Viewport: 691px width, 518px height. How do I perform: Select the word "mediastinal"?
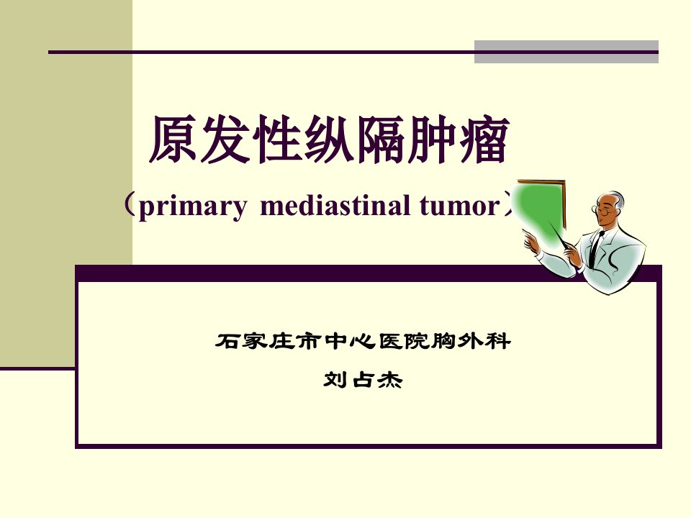click(x=335, y=205)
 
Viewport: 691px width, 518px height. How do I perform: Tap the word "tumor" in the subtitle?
click(x=460, y=206)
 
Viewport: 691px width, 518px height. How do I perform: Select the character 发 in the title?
click(x=225, y=139)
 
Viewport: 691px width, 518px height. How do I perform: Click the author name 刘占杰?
click(x=363, y=380)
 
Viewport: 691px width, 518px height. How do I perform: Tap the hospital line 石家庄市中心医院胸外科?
click(x=363, y=341)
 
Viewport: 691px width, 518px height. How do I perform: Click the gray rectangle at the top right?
click(x=566, y=52)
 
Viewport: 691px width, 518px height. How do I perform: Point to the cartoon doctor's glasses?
click(x=602, y=211)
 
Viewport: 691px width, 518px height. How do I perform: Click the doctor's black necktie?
click(x=596, y=249)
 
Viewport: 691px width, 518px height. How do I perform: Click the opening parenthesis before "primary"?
click(x=129, y=205)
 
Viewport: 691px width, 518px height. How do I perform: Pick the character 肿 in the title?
click(x=433, y=139)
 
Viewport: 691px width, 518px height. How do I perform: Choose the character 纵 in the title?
click(x=329, y=139)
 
